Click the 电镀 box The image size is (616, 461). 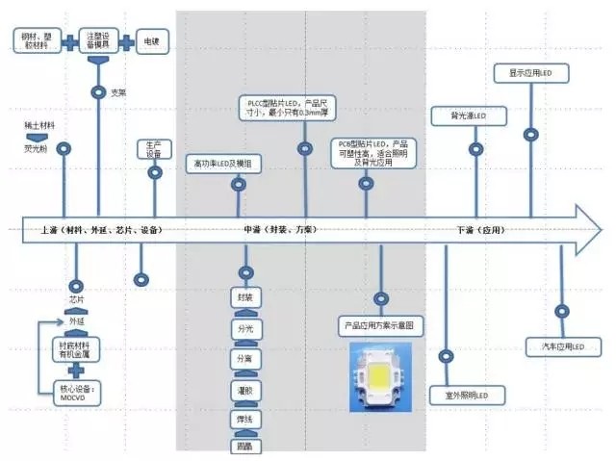tap(152, 42)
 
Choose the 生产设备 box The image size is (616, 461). tap(154, 148)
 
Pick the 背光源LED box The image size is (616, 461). tap(471, 116)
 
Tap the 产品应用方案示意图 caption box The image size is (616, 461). tap(382, 327)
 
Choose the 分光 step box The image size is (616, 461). tap(245, 329)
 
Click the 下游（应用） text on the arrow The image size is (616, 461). tap(481, 231)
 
